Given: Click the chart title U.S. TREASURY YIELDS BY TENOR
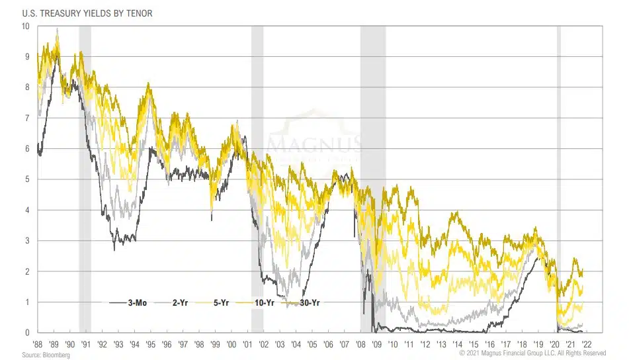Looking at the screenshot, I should click(78, 13).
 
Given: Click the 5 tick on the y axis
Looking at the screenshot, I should click(26, 179).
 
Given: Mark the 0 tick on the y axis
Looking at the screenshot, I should click(26, 333).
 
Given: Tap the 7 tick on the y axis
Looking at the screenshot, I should click(26, 118).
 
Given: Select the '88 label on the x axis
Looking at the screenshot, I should click(38, 345).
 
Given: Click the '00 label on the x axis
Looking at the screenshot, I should click(231, 345).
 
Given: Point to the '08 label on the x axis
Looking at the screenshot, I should click(360, 345).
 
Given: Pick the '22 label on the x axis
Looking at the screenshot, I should click(585, 345).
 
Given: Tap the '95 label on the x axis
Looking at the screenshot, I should click(151, 345).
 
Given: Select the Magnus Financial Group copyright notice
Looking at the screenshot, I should click(542, 354).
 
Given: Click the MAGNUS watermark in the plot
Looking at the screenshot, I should click(314, 143).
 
